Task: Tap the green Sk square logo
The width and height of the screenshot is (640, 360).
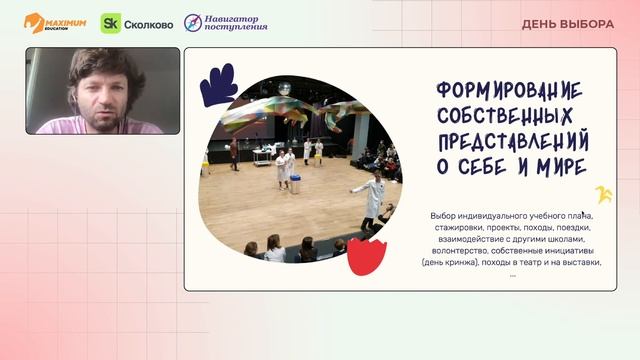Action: [x=111, y=23]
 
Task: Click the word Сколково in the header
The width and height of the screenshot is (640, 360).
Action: [x=148, y=23]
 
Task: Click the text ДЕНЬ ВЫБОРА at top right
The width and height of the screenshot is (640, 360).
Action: [x=567, y=24]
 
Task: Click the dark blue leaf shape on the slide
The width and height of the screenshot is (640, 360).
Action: [x=218, y=86]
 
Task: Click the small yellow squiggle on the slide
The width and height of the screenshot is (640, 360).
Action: [x=602, y=194]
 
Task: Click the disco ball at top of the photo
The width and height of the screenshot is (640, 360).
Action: [x=285, y=89]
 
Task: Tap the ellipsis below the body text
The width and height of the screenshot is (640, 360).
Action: [x=512, y=274]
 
